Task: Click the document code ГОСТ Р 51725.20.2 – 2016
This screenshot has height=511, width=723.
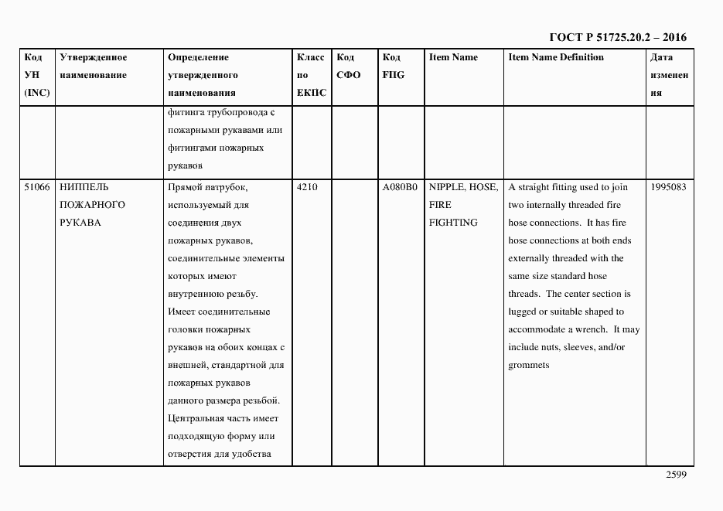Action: pos(617,37)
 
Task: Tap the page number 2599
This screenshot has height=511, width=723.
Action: pos(676,475)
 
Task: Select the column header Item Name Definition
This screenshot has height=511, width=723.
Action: pos(556,57)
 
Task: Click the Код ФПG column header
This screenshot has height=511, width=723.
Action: pos(393,66)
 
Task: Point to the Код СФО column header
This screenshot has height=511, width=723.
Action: pos(349,66)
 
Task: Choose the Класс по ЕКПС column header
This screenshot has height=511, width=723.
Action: pos(311,75)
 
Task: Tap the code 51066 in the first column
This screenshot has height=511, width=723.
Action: pos(36,187)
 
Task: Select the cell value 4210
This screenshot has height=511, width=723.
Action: pos(307,187)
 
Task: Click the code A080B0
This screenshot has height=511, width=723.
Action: pos(400,187)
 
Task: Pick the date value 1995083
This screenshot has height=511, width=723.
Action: pos(669,187)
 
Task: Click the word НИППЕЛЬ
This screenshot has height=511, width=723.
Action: pos(84,187)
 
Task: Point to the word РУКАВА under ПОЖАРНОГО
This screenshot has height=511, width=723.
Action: pos(78,223)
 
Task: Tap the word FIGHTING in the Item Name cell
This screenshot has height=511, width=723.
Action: pos(453,223)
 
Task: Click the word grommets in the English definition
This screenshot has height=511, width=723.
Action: pos(529,365)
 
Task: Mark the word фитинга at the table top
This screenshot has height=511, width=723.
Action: pos(184,111)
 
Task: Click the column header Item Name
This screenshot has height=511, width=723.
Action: pos(453,57)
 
